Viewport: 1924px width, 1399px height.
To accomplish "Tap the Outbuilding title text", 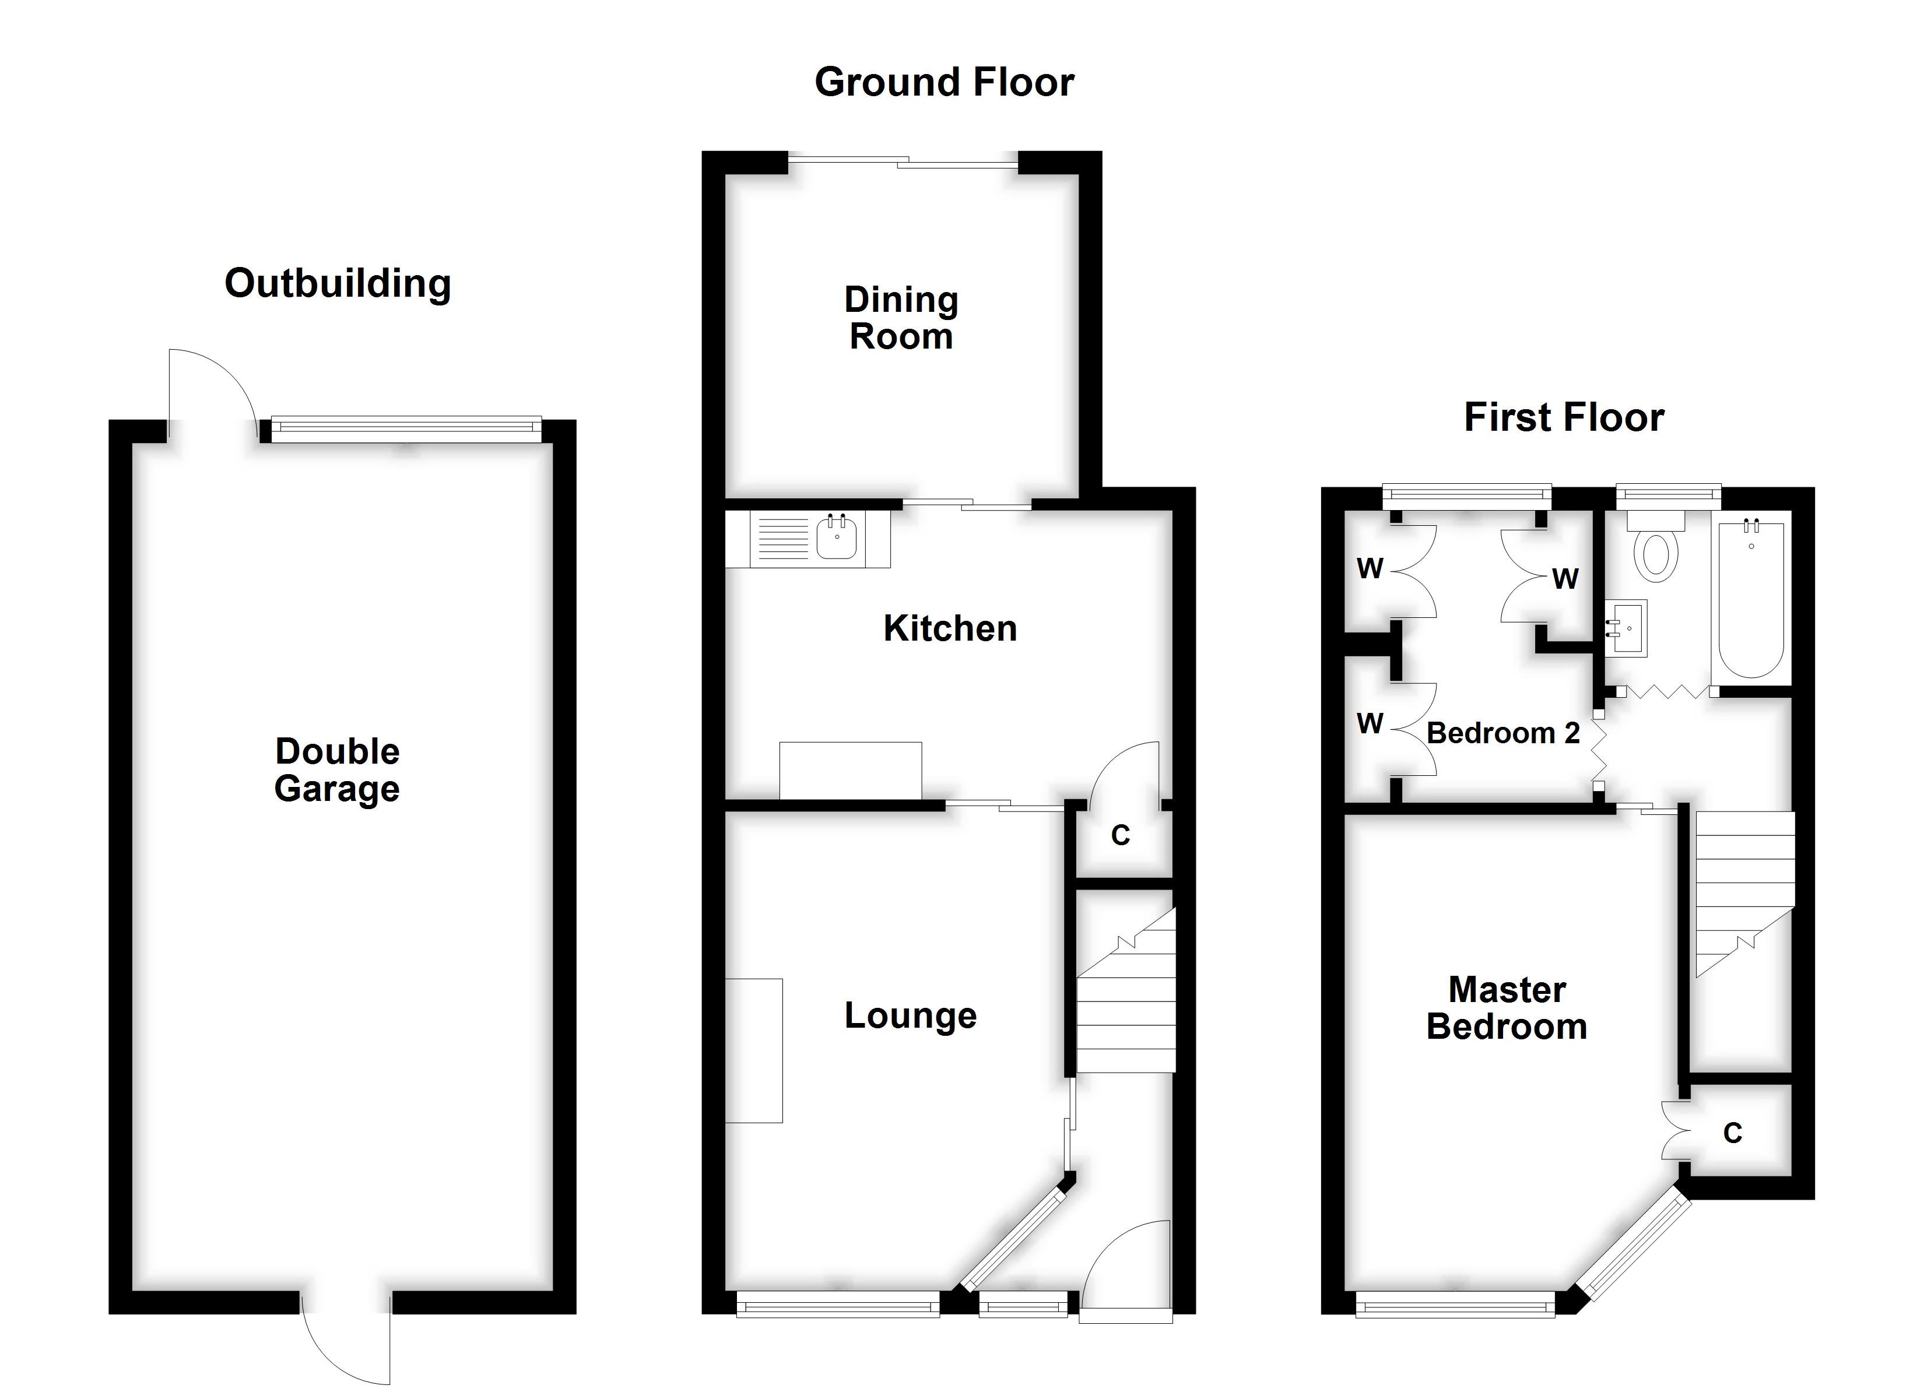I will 337,284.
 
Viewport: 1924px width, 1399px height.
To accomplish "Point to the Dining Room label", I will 901,318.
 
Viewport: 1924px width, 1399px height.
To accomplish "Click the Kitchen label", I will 949,628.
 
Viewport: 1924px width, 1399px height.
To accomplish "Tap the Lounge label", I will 910,1015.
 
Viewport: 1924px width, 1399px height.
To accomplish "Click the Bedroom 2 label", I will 1503,733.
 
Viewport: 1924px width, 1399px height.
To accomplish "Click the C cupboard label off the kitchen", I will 1120,836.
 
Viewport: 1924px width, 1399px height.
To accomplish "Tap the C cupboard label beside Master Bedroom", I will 1732,1133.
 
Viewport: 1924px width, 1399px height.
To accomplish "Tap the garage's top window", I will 406,429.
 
